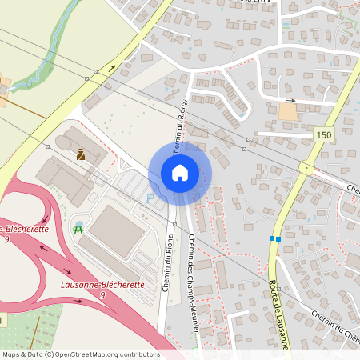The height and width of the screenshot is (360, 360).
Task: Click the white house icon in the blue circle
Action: click(180, 173)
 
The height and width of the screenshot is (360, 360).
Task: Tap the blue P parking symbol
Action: click(150, 198)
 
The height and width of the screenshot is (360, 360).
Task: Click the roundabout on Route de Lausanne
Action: click(306, 168)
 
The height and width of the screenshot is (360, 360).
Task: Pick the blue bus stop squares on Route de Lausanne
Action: click(275, 238)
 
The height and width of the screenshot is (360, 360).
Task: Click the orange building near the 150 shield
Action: click(287, 112)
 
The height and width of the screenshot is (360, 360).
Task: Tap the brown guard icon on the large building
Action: click(80, 154)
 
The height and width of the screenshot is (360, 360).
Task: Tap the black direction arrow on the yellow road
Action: click(113, 70)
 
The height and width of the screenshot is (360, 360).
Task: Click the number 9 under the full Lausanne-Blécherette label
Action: click(102, 295)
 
